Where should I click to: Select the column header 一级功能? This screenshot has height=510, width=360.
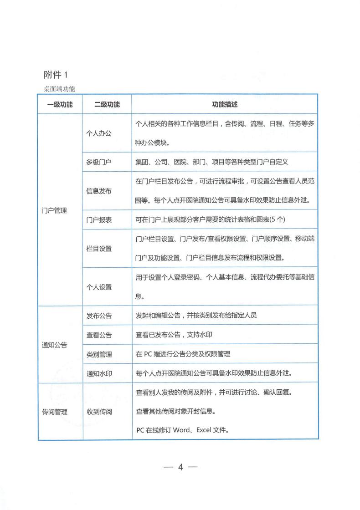click(60, 105)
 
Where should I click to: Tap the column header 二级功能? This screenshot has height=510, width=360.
click(107, 105)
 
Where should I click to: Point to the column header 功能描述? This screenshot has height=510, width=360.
click(225, 105)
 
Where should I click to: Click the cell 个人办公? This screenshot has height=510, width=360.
click(99, 133)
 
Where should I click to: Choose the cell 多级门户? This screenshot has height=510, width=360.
click(99, 162)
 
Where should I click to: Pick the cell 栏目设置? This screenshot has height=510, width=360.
click(99, 249)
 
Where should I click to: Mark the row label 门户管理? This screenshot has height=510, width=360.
click(54, 210)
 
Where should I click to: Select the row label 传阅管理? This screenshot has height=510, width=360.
click(54, 412)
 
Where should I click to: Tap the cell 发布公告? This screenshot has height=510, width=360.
click(99, 316)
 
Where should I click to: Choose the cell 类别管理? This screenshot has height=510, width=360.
click(99, 354)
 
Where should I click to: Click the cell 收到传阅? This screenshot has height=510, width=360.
click(99, 412)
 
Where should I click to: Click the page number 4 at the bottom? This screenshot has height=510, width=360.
click(180, 468)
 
